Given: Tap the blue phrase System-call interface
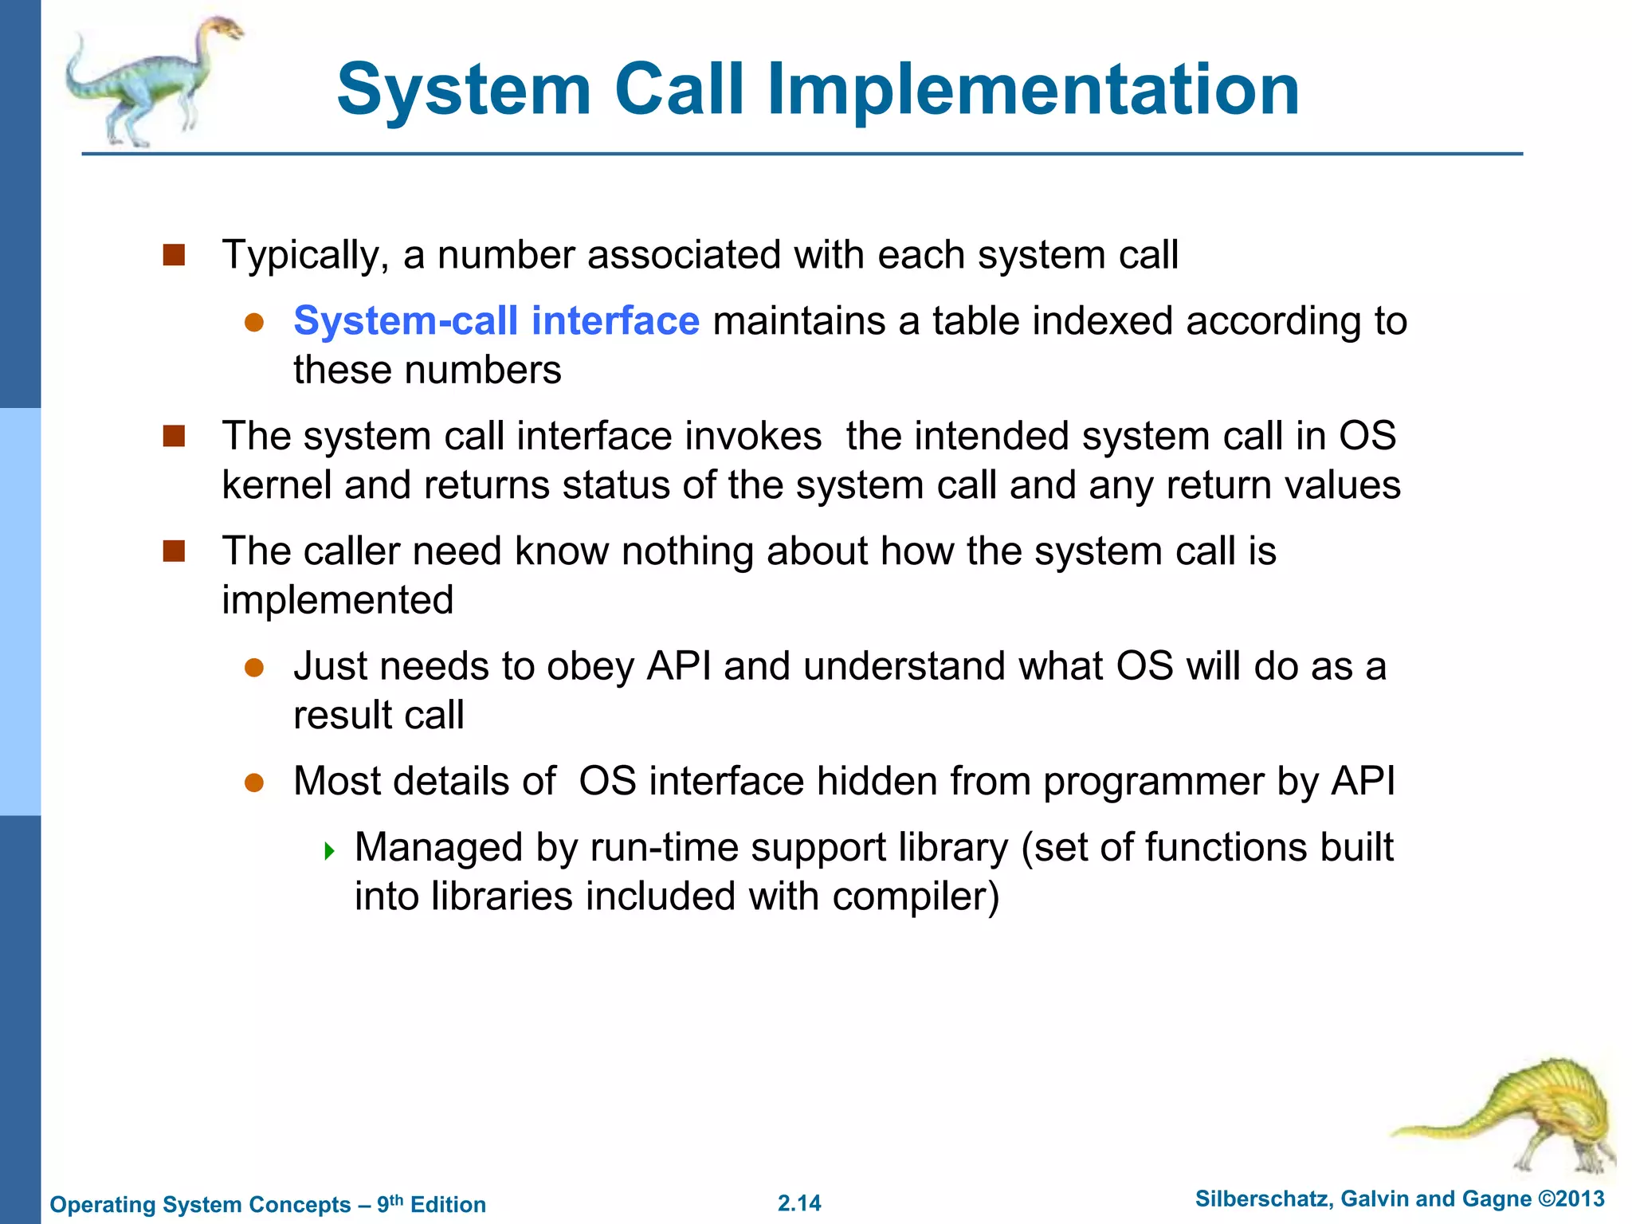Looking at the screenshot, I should [496, 321].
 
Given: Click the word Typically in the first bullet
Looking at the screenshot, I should [305, 256].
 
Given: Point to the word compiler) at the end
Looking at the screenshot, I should [916, 896].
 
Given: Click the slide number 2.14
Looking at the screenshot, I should [799, 1203].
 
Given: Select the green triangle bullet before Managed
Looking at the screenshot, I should [330, 851].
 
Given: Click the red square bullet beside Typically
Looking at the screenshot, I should [174, 255].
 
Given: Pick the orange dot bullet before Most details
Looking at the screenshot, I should [254, 783].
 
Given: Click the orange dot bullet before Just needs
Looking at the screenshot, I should [254, 668].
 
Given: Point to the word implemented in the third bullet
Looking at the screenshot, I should [337, 600].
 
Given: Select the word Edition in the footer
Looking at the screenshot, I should [448, 1205].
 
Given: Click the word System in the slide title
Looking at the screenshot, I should [464, 89].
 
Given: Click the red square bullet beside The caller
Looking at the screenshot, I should [174, 551].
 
